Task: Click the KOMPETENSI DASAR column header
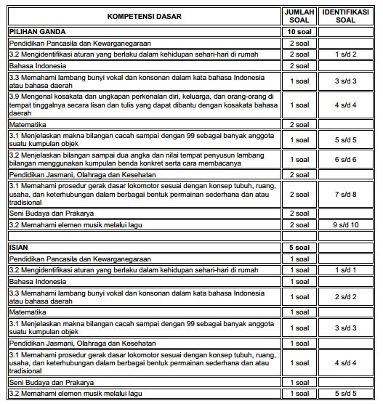(x=144, y=16)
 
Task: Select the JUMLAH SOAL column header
(x=299, y=16)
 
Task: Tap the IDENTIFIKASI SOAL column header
(x=347, y=16)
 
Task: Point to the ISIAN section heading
(x=18, y=248)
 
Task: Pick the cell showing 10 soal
(x=299, y=32)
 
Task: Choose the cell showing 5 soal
(x=299, y=248)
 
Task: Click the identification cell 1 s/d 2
(x=347, y=54)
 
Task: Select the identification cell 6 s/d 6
(x=347, y=158)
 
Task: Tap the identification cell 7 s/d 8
(x=347, y=195)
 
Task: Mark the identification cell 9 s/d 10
(x=347, y=225)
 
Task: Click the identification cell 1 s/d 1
(x=347, y=270)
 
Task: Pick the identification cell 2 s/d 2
(x=347, y=297)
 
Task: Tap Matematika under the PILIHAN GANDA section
(x=29, y=124)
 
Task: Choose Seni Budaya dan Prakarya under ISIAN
(x=51, y=382)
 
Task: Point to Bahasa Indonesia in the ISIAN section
(x=37, y=281)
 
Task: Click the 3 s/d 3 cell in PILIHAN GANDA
(x=347, y=81)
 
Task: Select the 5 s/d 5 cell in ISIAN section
(x=347, y=393)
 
